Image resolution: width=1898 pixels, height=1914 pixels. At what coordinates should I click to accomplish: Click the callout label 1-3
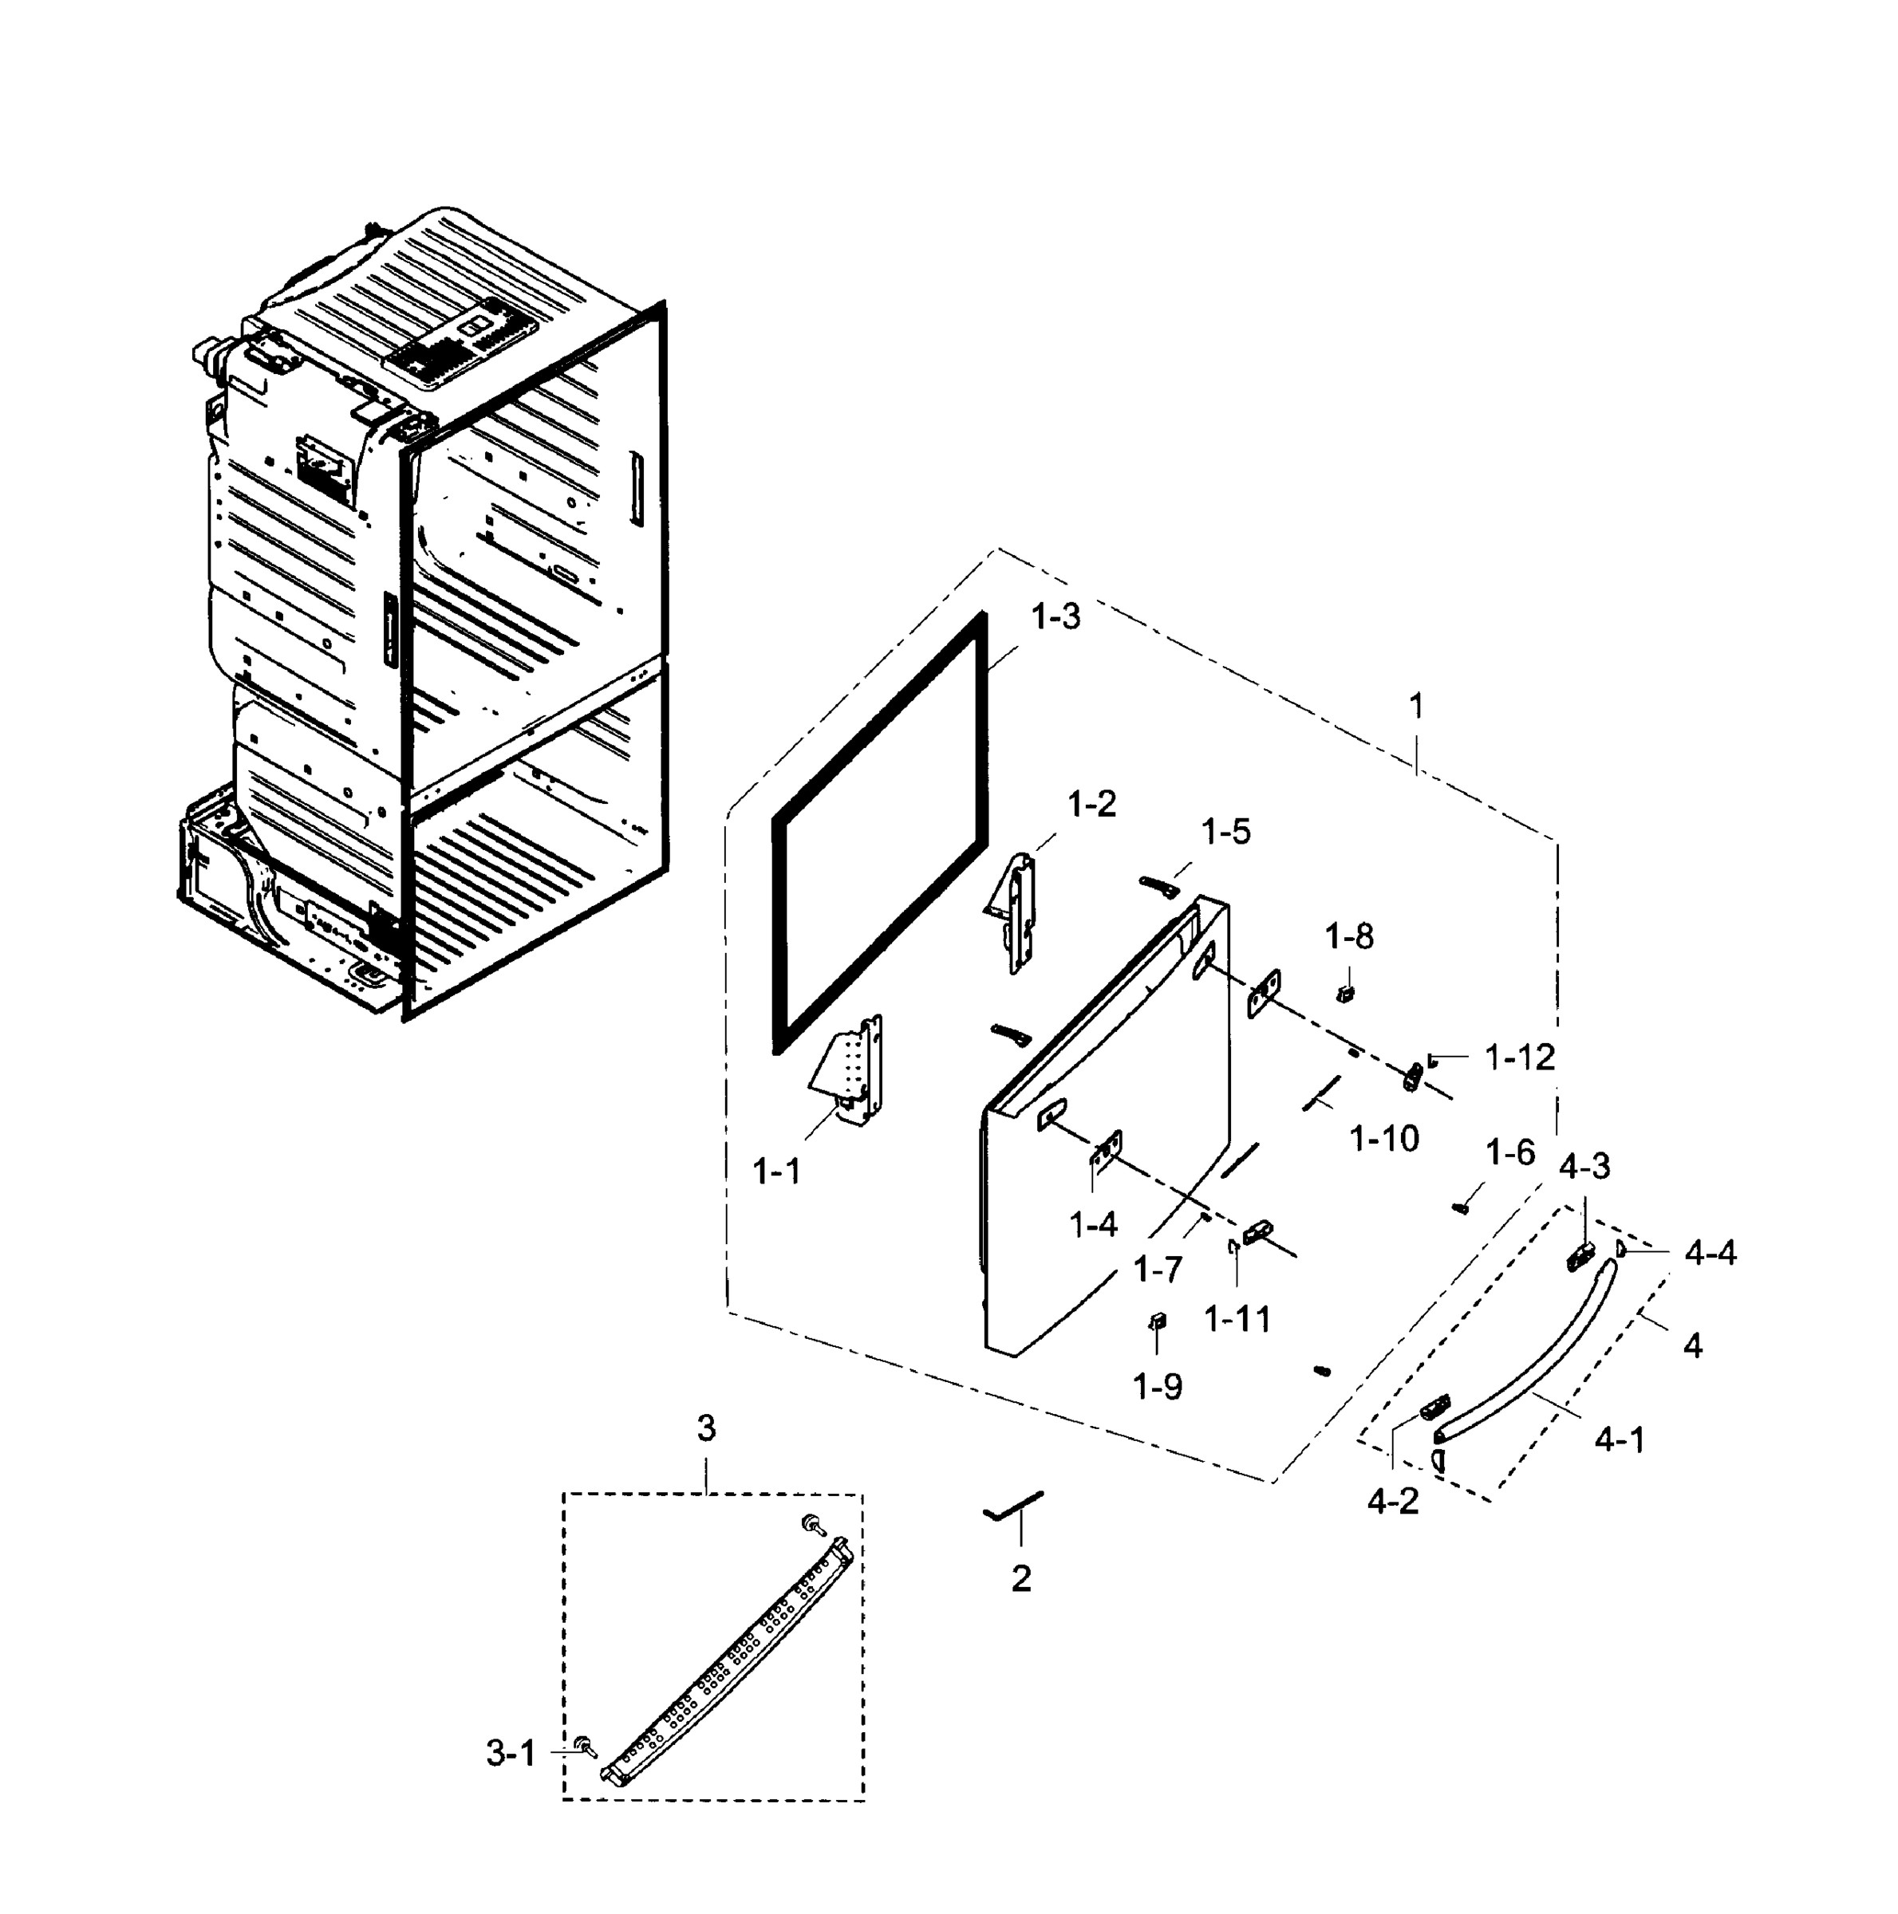coord(1055,617)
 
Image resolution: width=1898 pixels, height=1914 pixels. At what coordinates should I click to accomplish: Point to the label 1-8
coord(1349,936)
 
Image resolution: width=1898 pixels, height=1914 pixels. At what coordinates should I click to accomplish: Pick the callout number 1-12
coord(1519,1058)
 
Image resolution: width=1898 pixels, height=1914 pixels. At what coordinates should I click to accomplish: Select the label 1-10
coord(1383,1140)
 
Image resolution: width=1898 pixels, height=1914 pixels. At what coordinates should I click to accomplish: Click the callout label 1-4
coord(1093,1226)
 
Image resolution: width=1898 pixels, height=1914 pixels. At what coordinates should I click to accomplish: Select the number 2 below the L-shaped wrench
coord(1021,1578)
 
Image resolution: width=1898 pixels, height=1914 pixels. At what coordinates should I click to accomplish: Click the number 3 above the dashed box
coord(706,1428)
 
